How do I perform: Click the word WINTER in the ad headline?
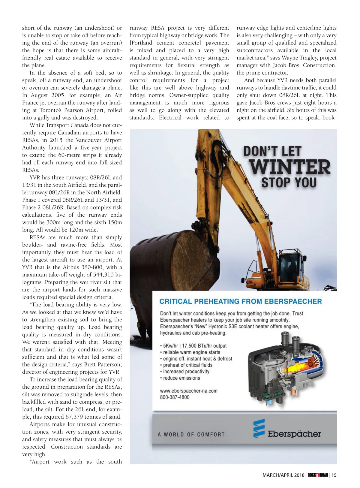(290, 167)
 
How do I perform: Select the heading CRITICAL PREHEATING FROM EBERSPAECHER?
(241, 302)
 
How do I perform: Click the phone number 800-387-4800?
(175, 397)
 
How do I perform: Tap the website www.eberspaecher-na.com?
(189, 391)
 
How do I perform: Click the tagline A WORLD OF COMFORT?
(191, 435)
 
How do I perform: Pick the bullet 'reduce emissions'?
(181, 378)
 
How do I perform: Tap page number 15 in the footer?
(334, 475)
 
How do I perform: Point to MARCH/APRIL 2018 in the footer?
(283, 475)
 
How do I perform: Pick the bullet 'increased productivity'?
(186, 372)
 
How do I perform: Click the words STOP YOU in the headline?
(289, 182)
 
